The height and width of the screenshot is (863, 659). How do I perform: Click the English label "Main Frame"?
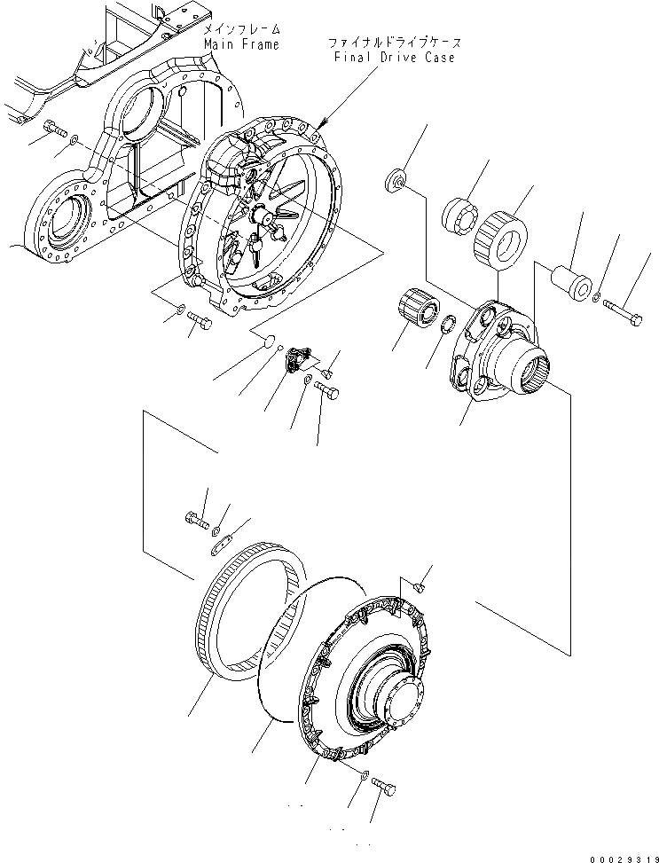click(240, 44)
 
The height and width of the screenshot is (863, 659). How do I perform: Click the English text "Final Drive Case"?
click(396, 58)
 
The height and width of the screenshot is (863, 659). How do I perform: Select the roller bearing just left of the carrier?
click(417, 310)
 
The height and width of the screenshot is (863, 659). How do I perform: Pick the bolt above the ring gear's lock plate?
click(195, 517)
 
